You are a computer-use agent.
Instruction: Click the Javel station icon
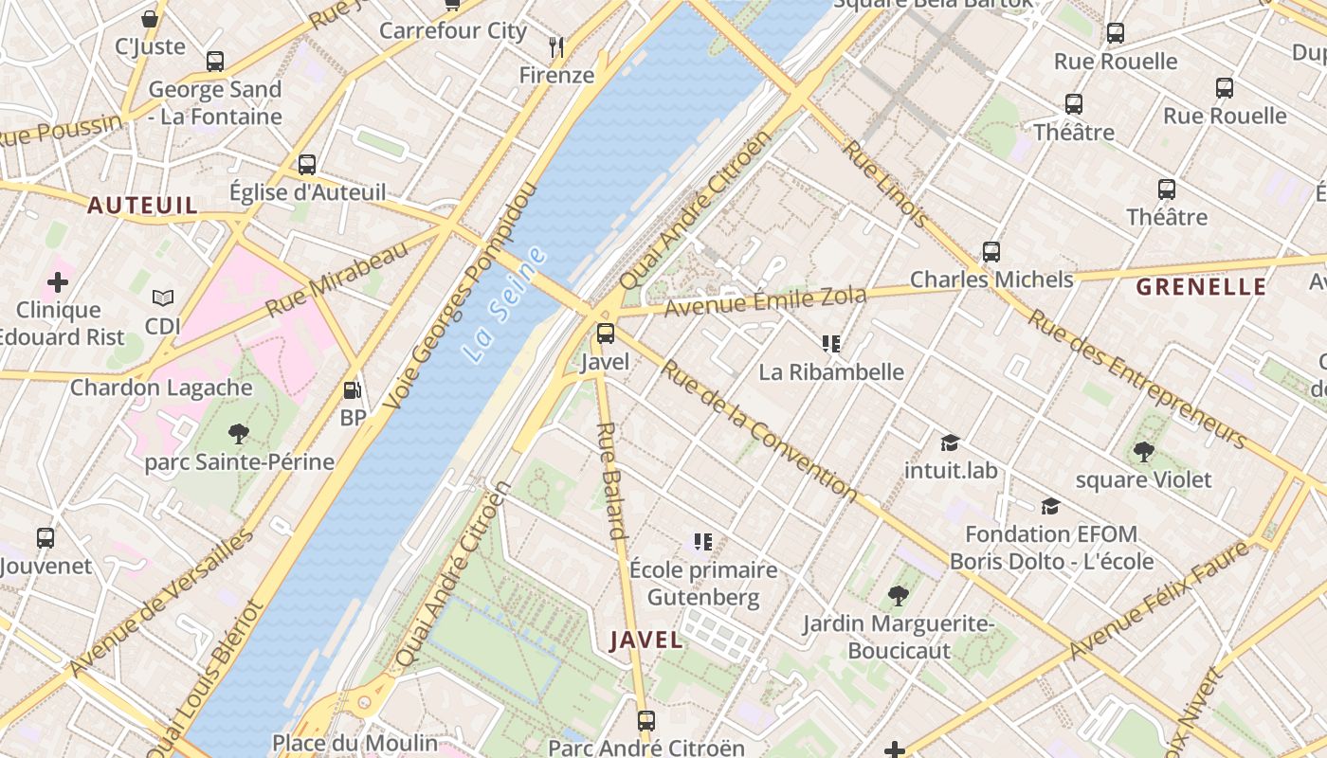[x=605, y=334]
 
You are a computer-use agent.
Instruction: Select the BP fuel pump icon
[x=352, y=389]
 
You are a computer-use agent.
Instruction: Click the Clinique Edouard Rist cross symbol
[x=58, y=281]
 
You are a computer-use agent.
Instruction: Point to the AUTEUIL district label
[x=143, y=206]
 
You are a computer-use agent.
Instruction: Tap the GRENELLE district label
[x=1200, y=287]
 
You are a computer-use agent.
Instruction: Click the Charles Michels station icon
[x=991, y=252]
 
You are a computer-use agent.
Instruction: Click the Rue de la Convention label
[x=758, y=429]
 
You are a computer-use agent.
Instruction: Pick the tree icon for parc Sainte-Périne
[x=239, y=434]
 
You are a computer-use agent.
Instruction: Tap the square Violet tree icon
[x=1143, y=452]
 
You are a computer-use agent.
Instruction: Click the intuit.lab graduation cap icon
[x=950, y=442]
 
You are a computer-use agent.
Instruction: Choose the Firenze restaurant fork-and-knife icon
[x=556, y=46]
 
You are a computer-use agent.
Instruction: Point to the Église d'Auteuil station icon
[x=307, y=164]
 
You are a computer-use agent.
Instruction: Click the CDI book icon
[x=163, y=298]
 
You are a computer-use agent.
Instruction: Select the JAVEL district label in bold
[x=646, y=640]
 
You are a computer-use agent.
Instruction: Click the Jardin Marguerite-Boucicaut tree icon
[x=898, y=595]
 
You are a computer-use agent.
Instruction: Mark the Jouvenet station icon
[x=45, y=537]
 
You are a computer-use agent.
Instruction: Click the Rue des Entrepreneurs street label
[x=1137, y=379]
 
